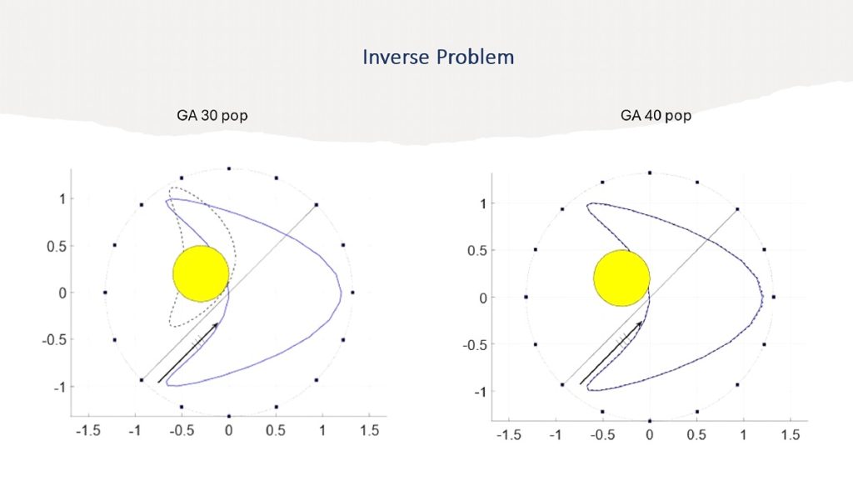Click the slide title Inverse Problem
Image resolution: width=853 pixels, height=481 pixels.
coord(438,57)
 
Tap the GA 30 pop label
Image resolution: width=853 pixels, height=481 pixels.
coord(212,115)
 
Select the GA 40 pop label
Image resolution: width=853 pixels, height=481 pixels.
coord(656,115)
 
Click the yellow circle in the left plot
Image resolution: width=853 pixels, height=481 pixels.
coord(201,273)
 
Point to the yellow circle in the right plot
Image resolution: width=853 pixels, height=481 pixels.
coord(621,278)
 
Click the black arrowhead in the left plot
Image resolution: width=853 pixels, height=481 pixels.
coord(216,325)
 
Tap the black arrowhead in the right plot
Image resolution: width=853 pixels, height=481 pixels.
coord(639,325)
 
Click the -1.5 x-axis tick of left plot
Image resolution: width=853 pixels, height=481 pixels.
coord(88,431)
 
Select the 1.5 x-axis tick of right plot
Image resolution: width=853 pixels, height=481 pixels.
coord(791,435)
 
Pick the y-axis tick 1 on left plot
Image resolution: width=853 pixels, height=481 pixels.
coord(62,199)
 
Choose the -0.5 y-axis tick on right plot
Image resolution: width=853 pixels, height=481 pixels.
coord(476,344)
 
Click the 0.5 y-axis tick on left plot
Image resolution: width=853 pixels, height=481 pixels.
coord(57,246)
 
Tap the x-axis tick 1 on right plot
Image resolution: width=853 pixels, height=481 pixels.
coord(743,435)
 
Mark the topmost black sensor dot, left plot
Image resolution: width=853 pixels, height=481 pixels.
coord(229,168)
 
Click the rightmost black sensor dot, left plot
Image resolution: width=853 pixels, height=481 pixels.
coord(352,293)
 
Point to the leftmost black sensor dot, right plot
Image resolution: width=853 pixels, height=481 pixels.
coord(526,297)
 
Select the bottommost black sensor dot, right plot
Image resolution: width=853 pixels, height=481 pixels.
coord(650,421)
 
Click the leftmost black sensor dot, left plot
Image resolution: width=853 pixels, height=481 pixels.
coord(105,293)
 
